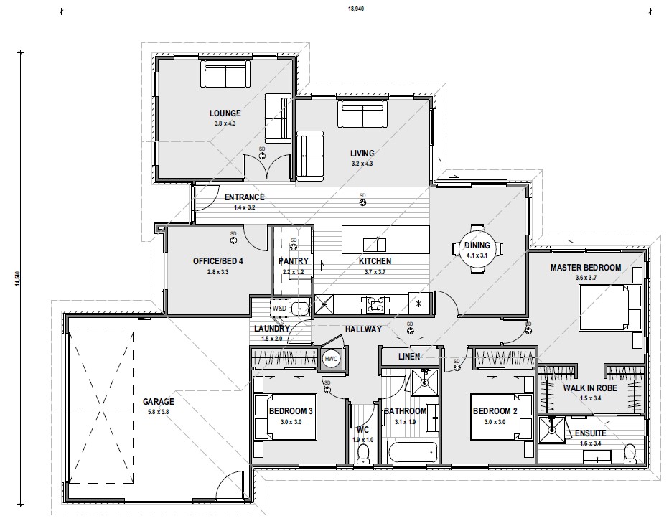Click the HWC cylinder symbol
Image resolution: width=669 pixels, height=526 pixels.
pyautogui.click(x=331, y=359)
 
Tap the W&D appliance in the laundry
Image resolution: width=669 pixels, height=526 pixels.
pyautogui.click(x=280, y=308)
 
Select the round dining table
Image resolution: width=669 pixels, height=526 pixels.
pyautogui.click(x=477, y=249)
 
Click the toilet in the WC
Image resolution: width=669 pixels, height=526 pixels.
pyautogui.click(x=363, y=454)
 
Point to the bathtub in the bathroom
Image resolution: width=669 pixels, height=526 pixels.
pyautogui.click(x=413, y=453)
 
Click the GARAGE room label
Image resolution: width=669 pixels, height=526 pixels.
pyautogui.click(x=159, y=401)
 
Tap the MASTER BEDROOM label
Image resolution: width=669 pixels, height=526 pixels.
pyautogui.click(x=586, y=268)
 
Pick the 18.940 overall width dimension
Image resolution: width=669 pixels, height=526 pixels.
pyautogui.click(x=356, y=9)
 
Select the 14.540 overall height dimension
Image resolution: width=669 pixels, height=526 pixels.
pyautogui.click(x=17, y=278)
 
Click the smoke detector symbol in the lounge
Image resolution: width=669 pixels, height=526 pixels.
pyautogui.click(x=262, y=156)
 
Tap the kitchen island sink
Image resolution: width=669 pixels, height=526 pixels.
pyautogui.click(x=375, y=245)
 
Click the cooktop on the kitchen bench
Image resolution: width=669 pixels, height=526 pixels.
pyautogui.click(x=375, y=304)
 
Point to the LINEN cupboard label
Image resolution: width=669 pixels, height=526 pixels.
pyautogui.click(x=409, y=356)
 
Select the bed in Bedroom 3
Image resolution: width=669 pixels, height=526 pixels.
pyautogui.click(x=285, y=417)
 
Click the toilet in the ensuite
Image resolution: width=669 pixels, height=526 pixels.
pyautogui.click(x=630, y=454)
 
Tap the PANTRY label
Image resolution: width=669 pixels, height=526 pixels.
pyautogui.click(x=293, y=261)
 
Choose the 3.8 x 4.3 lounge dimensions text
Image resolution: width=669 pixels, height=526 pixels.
pyautogui.click(x=225, y=123)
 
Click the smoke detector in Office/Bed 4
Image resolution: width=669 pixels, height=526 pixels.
pyautogui.click(x=233, y=240)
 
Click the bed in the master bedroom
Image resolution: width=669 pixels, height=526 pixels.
pyautogui.click(x=610, y=308)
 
